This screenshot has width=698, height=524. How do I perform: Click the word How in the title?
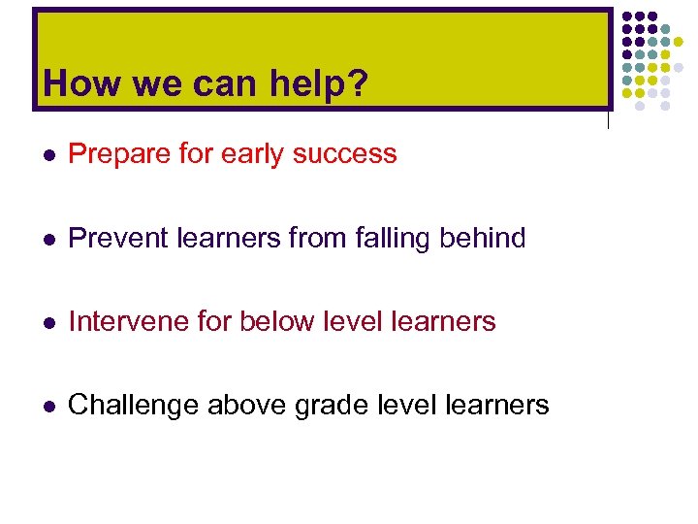coord(77,84)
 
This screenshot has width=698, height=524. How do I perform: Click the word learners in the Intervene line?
coord(441,321)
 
